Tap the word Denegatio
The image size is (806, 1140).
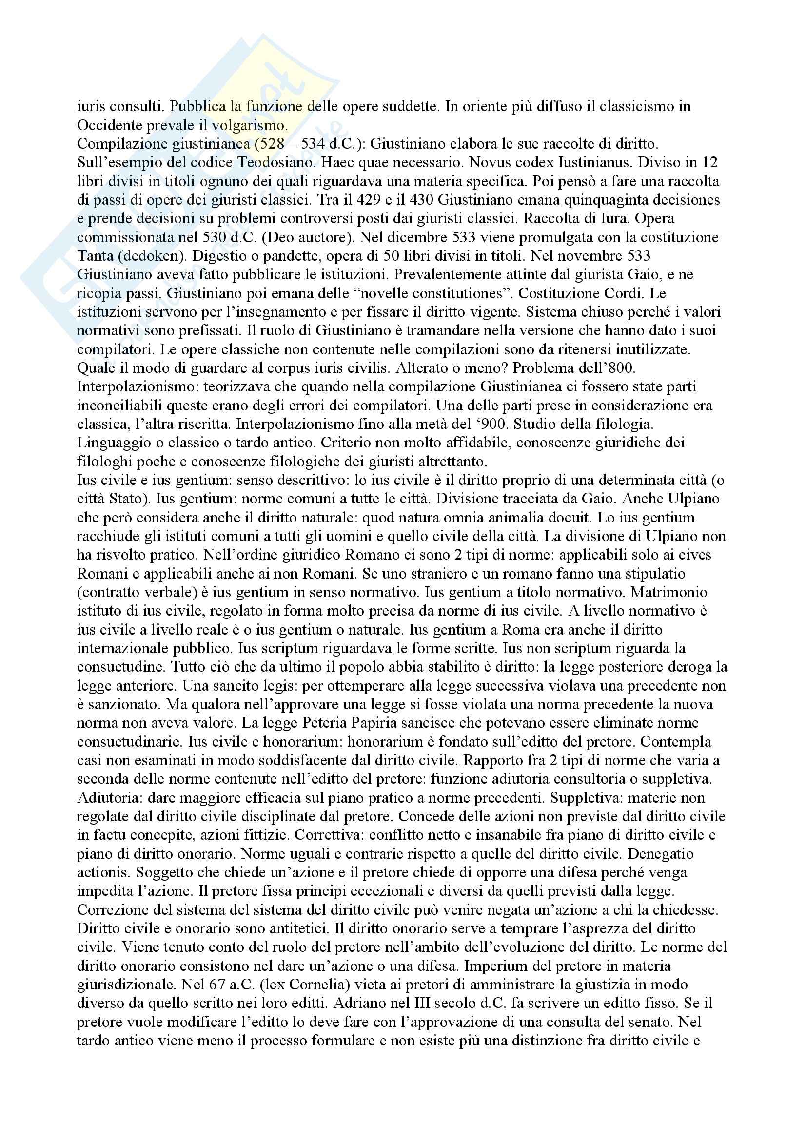coord(656,854)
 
